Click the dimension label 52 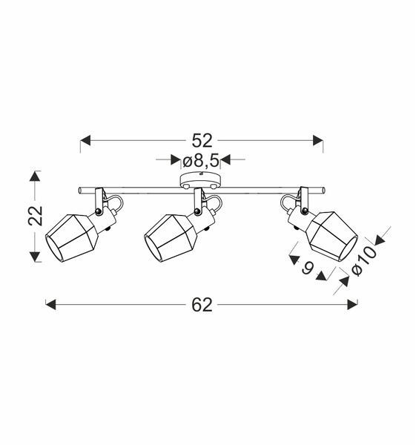202,140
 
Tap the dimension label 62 202,305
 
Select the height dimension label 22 35,216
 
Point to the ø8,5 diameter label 201,161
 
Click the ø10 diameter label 364,260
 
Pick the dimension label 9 308,268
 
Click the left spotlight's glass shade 72,238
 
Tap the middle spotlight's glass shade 171,238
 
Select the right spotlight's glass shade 332,236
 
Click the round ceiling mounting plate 201,180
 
